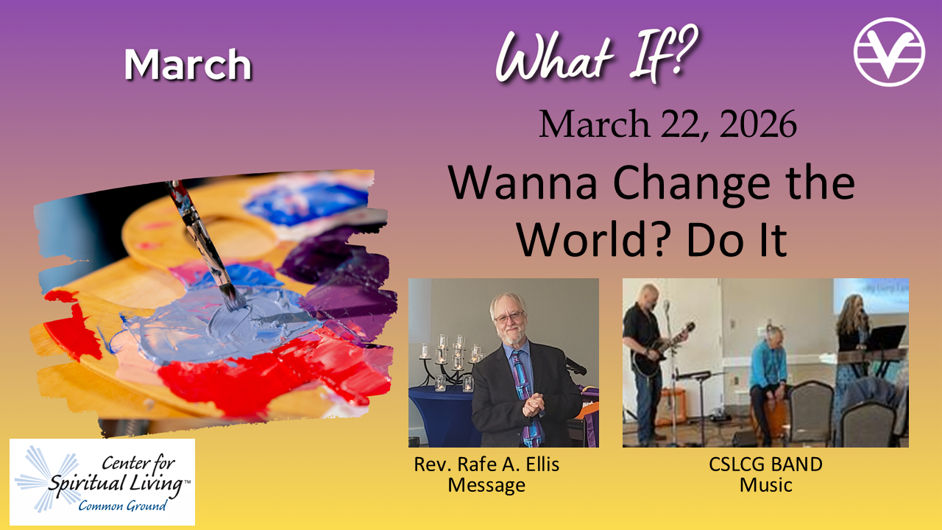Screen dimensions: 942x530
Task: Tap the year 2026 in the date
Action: click(x=758, y=124)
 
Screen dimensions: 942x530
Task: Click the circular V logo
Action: click(x=889, y=52)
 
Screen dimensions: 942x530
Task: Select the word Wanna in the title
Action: click(x=523, y=183)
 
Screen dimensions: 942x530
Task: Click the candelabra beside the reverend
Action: click(x=450, y=361)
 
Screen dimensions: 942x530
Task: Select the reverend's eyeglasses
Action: click(x=510, y=317)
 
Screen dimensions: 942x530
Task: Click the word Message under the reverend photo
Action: click(x=486, y=485)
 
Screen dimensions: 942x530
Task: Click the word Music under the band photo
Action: click(x=766, y=484)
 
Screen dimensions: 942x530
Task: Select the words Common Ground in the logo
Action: click(x=122, y=505)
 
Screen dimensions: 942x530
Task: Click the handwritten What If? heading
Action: click(x=596, y=54)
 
